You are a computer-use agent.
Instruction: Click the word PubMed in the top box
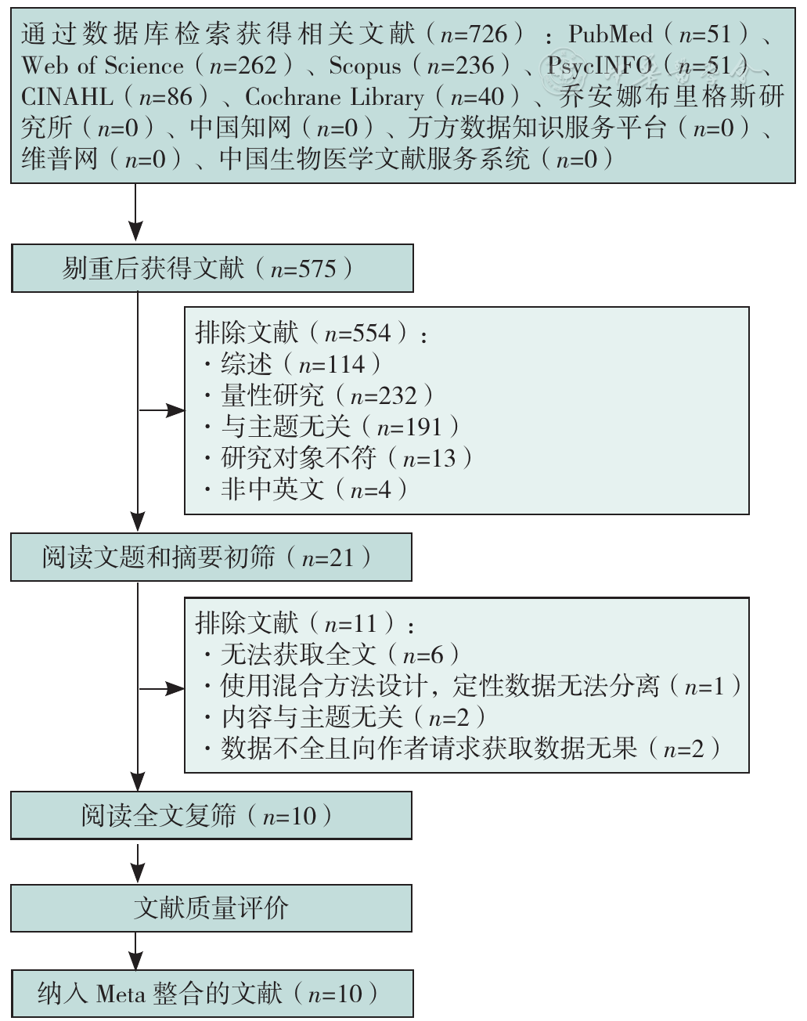tap(610, 34)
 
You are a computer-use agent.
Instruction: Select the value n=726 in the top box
tap(474, 34)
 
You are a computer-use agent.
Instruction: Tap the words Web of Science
tap(103, 66)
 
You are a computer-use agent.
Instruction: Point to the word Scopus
tap(365, 66)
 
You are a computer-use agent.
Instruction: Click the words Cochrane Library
tap(334, 97)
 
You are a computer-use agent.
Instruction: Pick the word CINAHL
tap(67, 97)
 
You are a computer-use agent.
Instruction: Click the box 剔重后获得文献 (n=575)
tap(212, 269)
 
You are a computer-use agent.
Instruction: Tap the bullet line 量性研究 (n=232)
tap(318, 395)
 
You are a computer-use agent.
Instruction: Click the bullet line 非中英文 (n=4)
tap(305, 489)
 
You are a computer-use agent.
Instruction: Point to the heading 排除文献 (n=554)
tap(311, 333)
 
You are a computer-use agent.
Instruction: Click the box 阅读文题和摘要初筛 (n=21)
tap(211, 557)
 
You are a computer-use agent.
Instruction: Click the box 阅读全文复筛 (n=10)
tap(211, 816)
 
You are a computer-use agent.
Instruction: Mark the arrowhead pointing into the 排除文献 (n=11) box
tap(175, 689)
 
